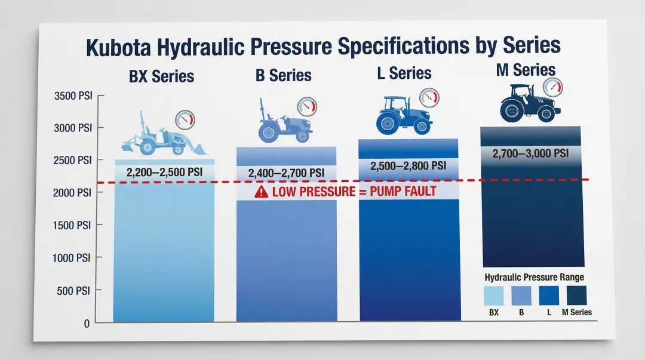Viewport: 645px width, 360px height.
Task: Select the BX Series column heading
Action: tap(161, 76)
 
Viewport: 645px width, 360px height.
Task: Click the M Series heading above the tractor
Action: tap(526, 70)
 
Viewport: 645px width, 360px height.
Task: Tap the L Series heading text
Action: tap(404, 73)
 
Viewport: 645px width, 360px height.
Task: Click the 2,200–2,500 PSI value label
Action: tap(164, 173)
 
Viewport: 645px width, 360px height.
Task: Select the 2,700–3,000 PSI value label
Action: tap(530, 153)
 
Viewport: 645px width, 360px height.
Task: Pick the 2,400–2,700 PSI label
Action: tap(286, 173)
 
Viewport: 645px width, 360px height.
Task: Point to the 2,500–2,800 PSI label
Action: tap(408, 166)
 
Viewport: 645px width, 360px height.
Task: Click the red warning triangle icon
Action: tap(261, 192)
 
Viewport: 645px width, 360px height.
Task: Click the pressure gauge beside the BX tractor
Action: tap(185, 118)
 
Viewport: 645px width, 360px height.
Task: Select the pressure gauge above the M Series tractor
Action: tap(554, 88)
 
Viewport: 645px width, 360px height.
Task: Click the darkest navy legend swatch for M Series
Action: tap(576, 295)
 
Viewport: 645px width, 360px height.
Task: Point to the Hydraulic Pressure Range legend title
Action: tap(534, 277)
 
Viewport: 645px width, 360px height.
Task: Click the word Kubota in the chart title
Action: tap(124, 47)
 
